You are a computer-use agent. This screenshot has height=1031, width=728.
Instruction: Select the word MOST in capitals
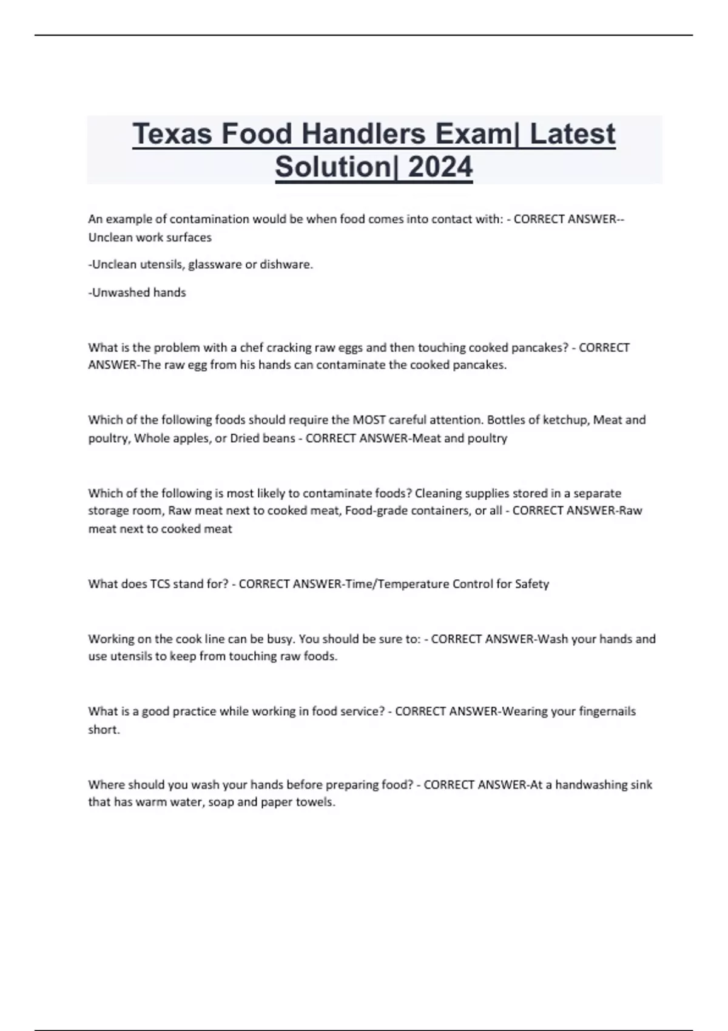tap(369, 420)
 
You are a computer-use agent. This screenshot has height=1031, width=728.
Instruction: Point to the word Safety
tap(532, 584)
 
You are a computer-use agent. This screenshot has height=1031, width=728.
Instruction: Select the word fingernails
tap(607, 711)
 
